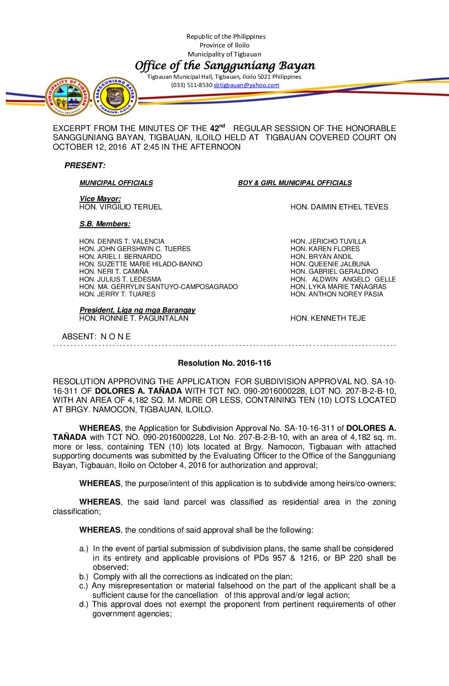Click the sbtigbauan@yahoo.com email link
246,85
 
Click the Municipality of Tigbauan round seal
68,97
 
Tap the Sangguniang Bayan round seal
115,97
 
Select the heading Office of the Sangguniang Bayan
225,66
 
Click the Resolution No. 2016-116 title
224,363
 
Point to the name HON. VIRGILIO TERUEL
121,207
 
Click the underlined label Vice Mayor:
100,199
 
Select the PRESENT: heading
85,166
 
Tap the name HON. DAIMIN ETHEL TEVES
339,207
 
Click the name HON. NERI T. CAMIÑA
113,272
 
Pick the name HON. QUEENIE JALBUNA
330,264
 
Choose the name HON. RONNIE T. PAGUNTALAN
134,318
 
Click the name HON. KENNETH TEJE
328,318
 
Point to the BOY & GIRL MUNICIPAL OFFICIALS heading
295,183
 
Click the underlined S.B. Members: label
105,224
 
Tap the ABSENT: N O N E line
96,337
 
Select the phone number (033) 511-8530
191,85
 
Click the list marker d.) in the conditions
84,605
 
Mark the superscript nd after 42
222,126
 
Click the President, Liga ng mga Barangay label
137,310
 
